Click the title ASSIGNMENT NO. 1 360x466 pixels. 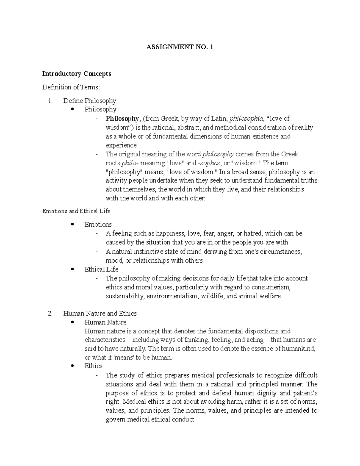(179, 47)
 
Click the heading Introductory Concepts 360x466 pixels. (76, 74)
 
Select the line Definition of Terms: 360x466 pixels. (70, 87)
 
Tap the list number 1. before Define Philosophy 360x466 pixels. (50, 101)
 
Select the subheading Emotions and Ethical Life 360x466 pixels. (76, 211)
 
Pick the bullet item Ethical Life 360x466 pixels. (101, 269)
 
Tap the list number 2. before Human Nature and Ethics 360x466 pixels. (50, 313)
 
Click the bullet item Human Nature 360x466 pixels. (105, 322)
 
